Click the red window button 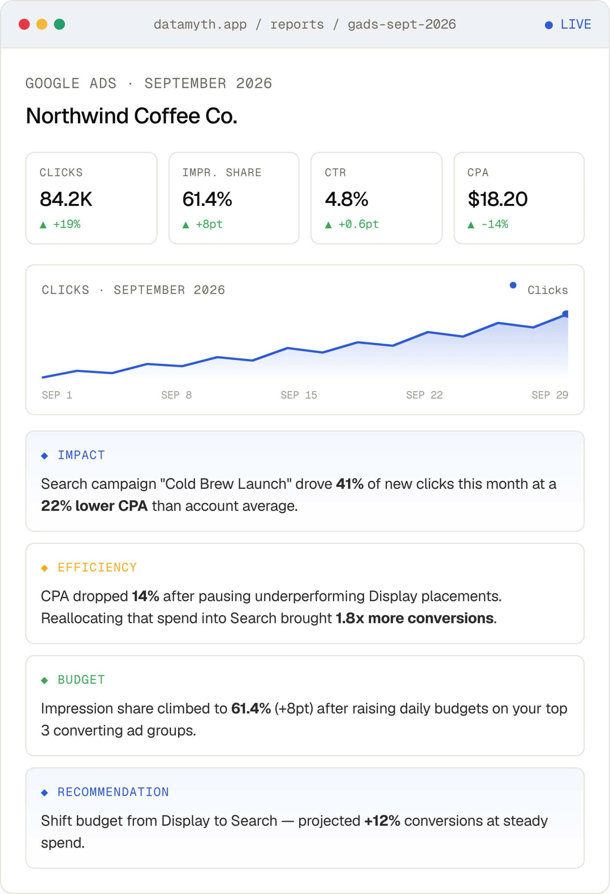click(24, 24)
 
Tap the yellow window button click(42, 24)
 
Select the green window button click(60, 24)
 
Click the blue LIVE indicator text click(575, 24)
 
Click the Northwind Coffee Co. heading click(132, 116)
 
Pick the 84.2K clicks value click(66, 199)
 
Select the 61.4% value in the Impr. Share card click(207, 199)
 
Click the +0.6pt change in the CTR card click(359, 224)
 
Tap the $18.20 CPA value click(498, 199)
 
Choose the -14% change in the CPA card click(495, 224)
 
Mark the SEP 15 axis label click(299, 395)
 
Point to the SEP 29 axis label click(550, 395)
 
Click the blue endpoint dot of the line click(565, 314)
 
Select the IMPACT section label click(81, 455)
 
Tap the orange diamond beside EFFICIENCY click(45, 568)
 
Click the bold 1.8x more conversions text click(414, 618)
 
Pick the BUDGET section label click(81, 680)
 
